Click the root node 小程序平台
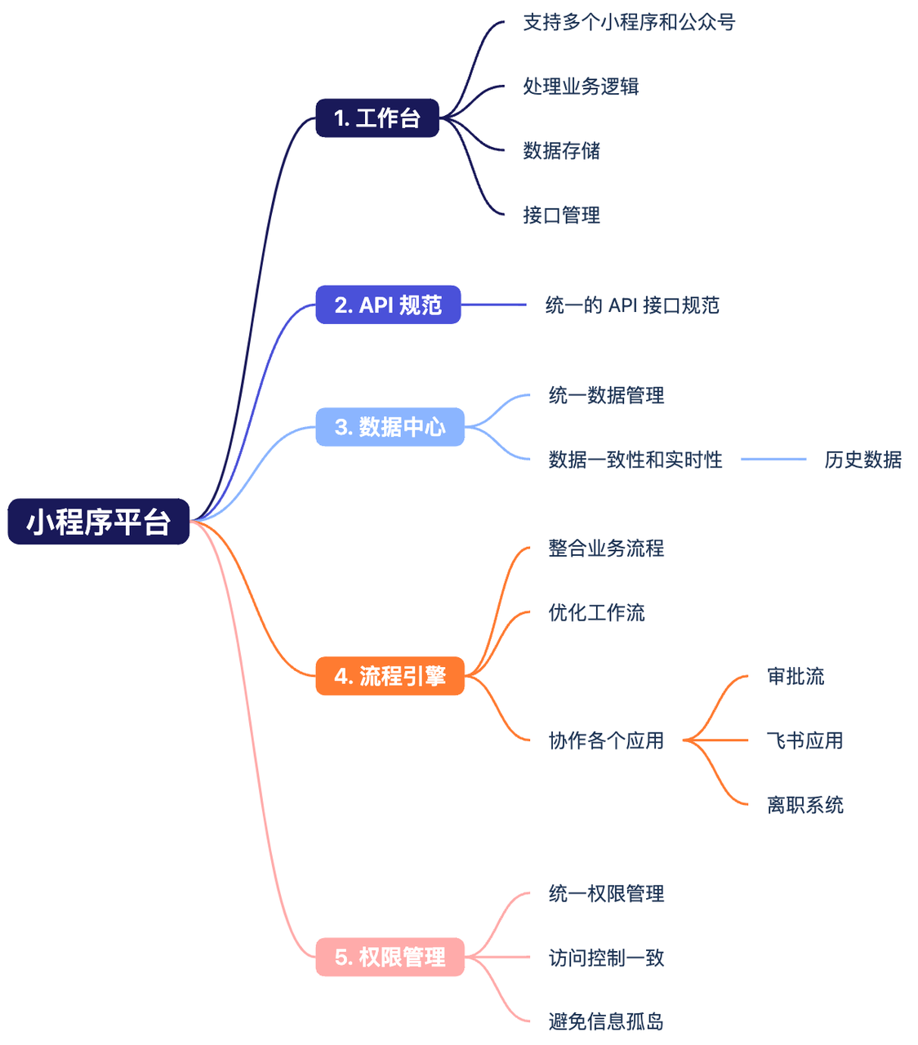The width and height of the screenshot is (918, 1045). coord(98,522)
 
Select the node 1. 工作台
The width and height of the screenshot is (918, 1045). coord(377,118)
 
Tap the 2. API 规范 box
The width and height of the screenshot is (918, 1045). coord(388,305)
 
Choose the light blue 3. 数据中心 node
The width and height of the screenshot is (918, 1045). coord(390,426)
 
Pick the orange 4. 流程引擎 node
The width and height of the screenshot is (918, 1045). coord(390,676)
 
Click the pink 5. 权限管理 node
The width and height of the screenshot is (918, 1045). coord(390,957)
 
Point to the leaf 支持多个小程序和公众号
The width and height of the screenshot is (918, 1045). coord(629,22)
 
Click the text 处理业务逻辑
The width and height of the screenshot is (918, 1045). coord(581,87)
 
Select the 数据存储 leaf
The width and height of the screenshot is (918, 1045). coord(561,150)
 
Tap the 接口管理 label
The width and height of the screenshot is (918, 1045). coord(561,215)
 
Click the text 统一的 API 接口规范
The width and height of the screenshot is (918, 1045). coord(632,305)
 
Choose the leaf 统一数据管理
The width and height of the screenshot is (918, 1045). coord(606,396)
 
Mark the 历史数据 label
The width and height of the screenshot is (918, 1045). coord(862,460)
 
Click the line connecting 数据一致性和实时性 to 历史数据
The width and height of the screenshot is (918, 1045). coord(773,460)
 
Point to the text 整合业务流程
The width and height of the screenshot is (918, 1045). coord(606,548)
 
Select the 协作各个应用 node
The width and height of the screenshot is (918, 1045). coord(606,740)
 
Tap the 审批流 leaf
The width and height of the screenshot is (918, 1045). coord(795,676)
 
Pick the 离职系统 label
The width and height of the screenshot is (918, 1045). coord(804,805)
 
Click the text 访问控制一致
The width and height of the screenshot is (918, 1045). coord(606,958)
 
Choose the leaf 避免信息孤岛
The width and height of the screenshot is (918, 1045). coord(606,1021)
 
